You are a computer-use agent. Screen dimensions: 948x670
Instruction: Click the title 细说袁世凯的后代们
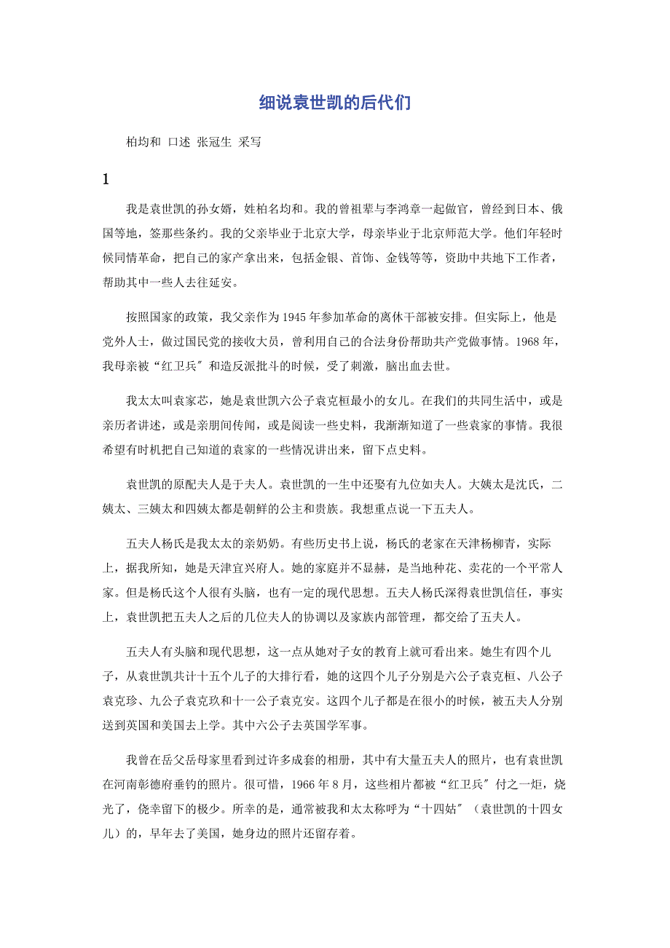[x=335, y=103]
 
